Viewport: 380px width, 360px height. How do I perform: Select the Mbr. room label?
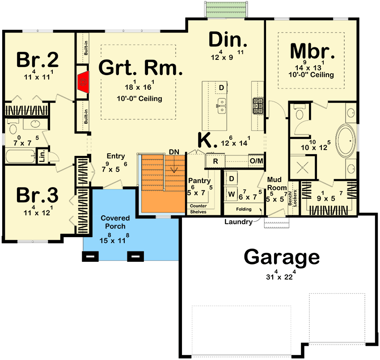(312, 51)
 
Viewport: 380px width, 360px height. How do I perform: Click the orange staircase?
(161, 183)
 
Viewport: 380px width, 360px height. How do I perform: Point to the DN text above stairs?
(174, 152)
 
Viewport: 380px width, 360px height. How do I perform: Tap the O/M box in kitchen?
(256, 160)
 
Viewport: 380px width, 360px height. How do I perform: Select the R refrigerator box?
(215, 161)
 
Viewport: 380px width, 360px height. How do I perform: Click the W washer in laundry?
(232, 194)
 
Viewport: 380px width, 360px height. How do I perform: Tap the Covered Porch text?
(115, 222)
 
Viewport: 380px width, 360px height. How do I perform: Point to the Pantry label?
(199, 180)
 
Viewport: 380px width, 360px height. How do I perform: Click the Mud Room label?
(277, 183)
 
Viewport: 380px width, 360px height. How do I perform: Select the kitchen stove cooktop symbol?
(258, 105)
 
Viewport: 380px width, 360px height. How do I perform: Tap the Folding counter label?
(244, 209)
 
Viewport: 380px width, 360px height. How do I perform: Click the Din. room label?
(228, 41)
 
